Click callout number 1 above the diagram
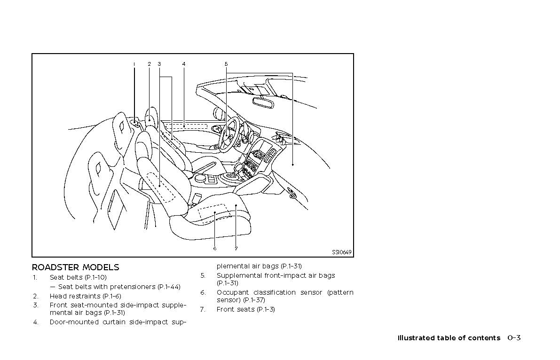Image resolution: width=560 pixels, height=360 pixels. point(134,64)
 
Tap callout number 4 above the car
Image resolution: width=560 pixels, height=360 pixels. point(184,64)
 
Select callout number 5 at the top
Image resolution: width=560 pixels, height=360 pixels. point(226,64)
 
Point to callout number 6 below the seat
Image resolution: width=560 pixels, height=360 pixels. point(214,249)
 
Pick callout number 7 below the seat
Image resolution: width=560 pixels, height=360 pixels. point(236,249)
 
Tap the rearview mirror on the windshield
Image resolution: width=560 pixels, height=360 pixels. point(263,102)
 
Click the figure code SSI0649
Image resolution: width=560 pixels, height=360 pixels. point(342,252)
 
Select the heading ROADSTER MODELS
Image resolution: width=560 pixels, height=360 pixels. point(76,267)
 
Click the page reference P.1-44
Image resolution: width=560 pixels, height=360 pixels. point(169,287)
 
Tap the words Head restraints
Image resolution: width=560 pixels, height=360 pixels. point(75,296)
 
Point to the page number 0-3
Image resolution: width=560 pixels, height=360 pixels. point(514,338)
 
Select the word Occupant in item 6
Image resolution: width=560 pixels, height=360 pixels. point(233,293)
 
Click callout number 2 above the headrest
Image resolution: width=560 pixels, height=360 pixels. point(149,64)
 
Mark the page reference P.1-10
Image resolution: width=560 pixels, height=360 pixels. point(96,277)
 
